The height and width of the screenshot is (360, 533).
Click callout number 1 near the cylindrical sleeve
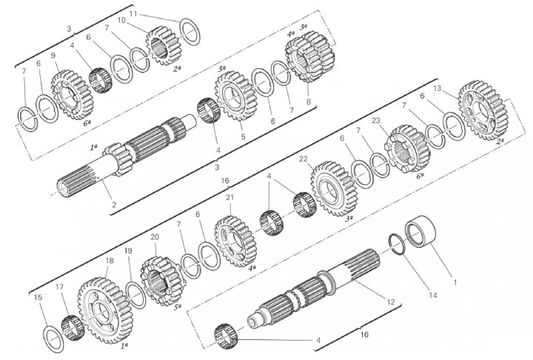(455, 282)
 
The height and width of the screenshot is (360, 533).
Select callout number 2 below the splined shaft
(114, 205)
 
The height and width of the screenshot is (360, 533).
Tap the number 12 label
(391, 301)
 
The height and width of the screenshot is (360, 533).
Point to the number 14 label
(433, 295)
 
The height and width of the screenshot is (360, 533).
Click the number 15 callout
(38, 297)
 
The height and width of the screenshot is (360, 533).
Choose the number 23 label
(376, 121)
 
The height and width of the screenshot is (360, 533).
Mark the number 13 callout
(438, 89)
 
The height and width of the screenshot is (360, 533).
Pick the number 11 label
(133, 13)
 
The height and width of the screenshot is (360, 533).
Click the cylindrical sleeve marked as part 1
(421, 231)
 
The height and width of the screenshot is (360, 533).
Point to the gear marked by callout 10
(163, 46)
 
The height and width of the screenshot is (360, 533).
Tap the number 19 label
(128, 251)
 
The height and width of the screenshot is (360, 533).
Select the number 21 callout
(230, 198)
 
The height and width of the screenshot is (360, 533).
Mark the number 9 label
(53, 56)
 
